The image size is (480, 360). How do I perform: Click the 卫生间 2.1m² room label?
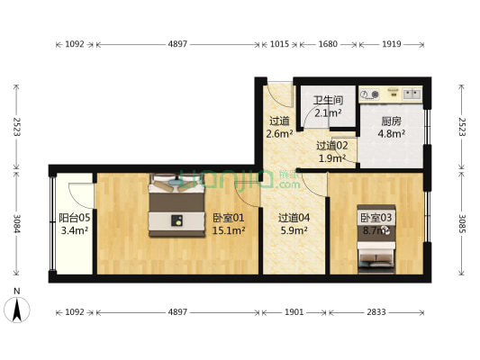coord(327,107)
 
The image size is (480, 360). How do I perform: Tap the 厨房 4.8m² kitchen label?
coord(391,127)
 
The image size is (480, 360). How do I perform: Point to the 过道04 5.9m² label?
coord(293,223)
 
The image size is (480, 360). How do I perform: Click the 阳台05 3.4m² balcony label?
coord(74,223)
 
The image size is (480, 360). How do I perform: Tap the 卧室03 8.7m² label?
coord(375,224)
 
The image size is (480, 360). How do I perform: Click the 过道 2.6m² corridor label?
coord(279,128)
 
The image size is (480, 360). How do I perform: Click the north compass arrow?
coord(17,310)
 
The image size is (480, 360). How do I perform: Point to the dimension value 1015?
coord(279,43)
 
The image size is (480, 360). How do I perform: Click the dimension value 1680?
coord(328,43)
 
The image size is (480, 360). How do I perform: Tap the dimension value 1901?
coord(294,312)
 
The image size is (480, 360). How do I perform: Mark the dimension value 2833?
coord(375,312)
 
